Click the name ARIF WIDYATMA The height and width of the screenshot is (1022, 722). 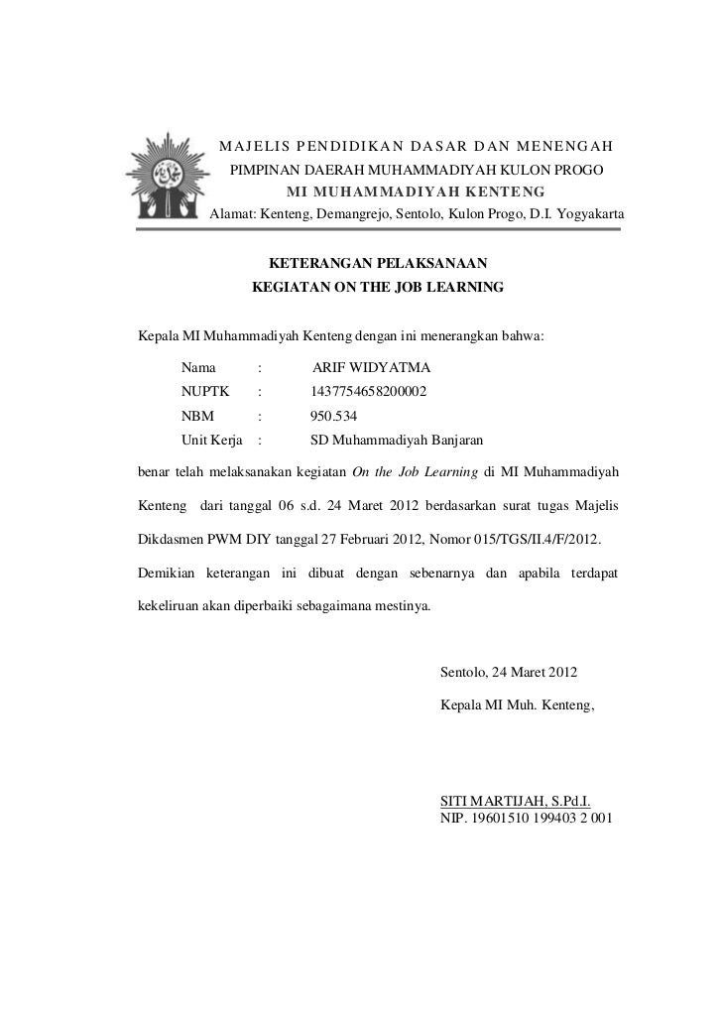pos(370,368)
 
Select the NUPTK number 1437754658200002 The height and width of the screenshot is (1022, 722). pos(370,393)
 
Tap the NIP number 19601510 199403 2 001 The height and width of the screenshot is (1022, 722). pos(525,820)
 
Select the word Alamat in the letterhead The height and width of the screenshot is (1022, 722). pos(232,213)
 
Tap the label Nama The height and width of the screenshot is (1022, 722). pos(197,368)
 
